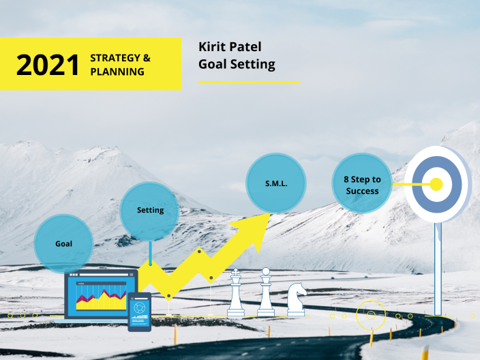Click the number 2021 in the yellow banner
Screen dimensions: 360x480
[48, 65]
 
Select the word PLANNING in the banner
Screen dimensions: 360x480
[117, 71]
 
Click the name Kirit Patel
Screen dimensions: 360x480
[230, 47]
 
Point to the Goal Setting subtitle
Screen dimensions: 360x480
[237, 64]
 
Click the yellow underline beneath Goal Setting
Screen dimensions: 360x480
[249, 82]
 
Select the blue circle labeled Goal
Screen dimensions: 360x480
[63, 243]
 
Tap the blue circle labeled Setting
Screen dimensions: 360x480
[150, 210]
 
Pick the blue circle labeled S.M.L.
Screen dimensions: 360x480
[275, 183]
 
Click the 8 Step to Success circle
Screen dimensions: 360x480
[362, 184]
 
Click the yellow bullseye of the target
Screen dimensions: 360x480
[436, 184]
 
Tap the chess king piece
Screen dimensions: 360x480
[236, 294]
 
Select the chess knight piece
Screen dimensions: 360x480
[297, 299]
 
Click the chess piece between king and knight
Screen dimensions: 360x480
[266, 294]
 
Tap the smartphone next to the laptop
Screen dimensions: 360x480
[139, 312]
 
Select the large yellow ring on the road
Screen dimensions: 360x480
[372, 315]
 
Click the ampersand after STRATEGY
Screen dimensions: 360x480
[147, 58]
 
